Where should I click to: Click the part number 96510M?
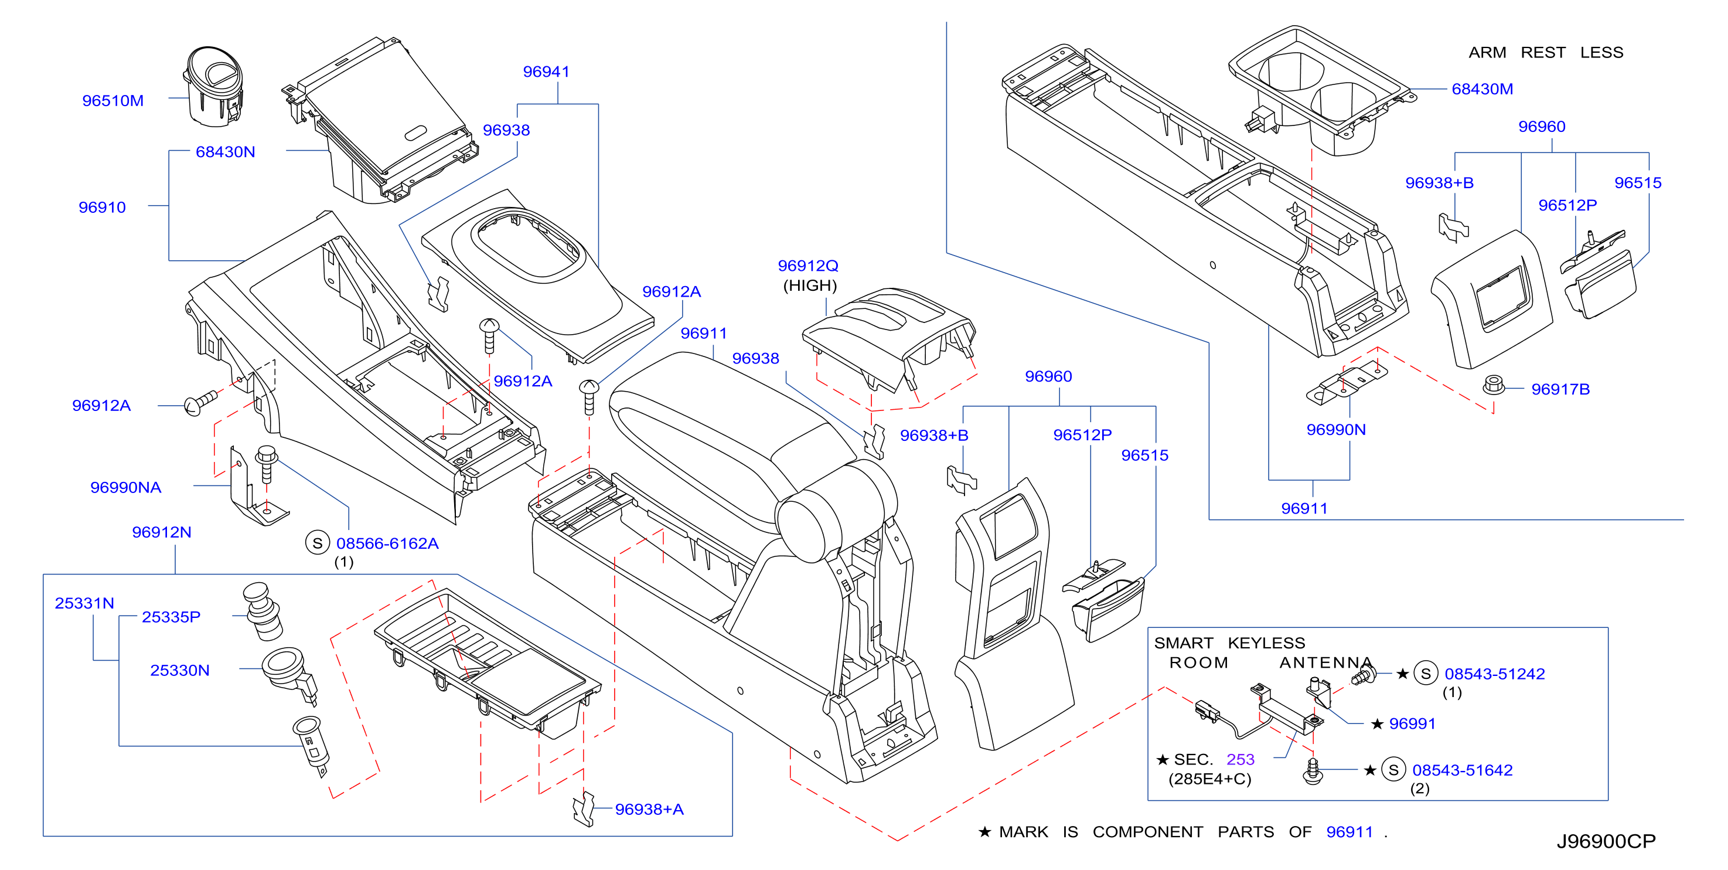tap(113, 101)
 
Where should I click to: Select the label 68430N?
tap(226, 152)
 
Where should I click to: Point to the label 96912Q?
tap(807, 266)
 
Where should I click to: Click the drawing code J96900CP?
tap(1606, 841)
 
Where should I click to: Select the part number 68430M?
tap(1482, 89)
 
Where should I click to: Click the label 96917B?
tap(1560, 389)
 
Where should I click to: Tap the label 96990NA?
tap(125, 487)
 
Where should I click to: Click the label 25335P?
tap(171, 617)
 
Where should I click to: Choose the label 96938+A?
tap(649, 810)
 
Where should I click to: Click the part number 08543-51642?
tap(1463, 770)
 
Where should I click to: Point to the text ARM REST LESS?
tap(1546, 52)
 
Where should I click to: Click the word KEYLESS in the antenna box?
tap(1266, 643)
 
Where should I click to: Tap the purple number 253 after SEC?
tap(1240, 759)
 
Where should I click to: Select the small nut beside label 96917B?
tap(1492, 385)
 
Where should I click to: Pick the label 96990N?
tap(1335, 430)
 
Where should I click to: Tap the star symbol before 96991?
tap(1377, 723)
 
